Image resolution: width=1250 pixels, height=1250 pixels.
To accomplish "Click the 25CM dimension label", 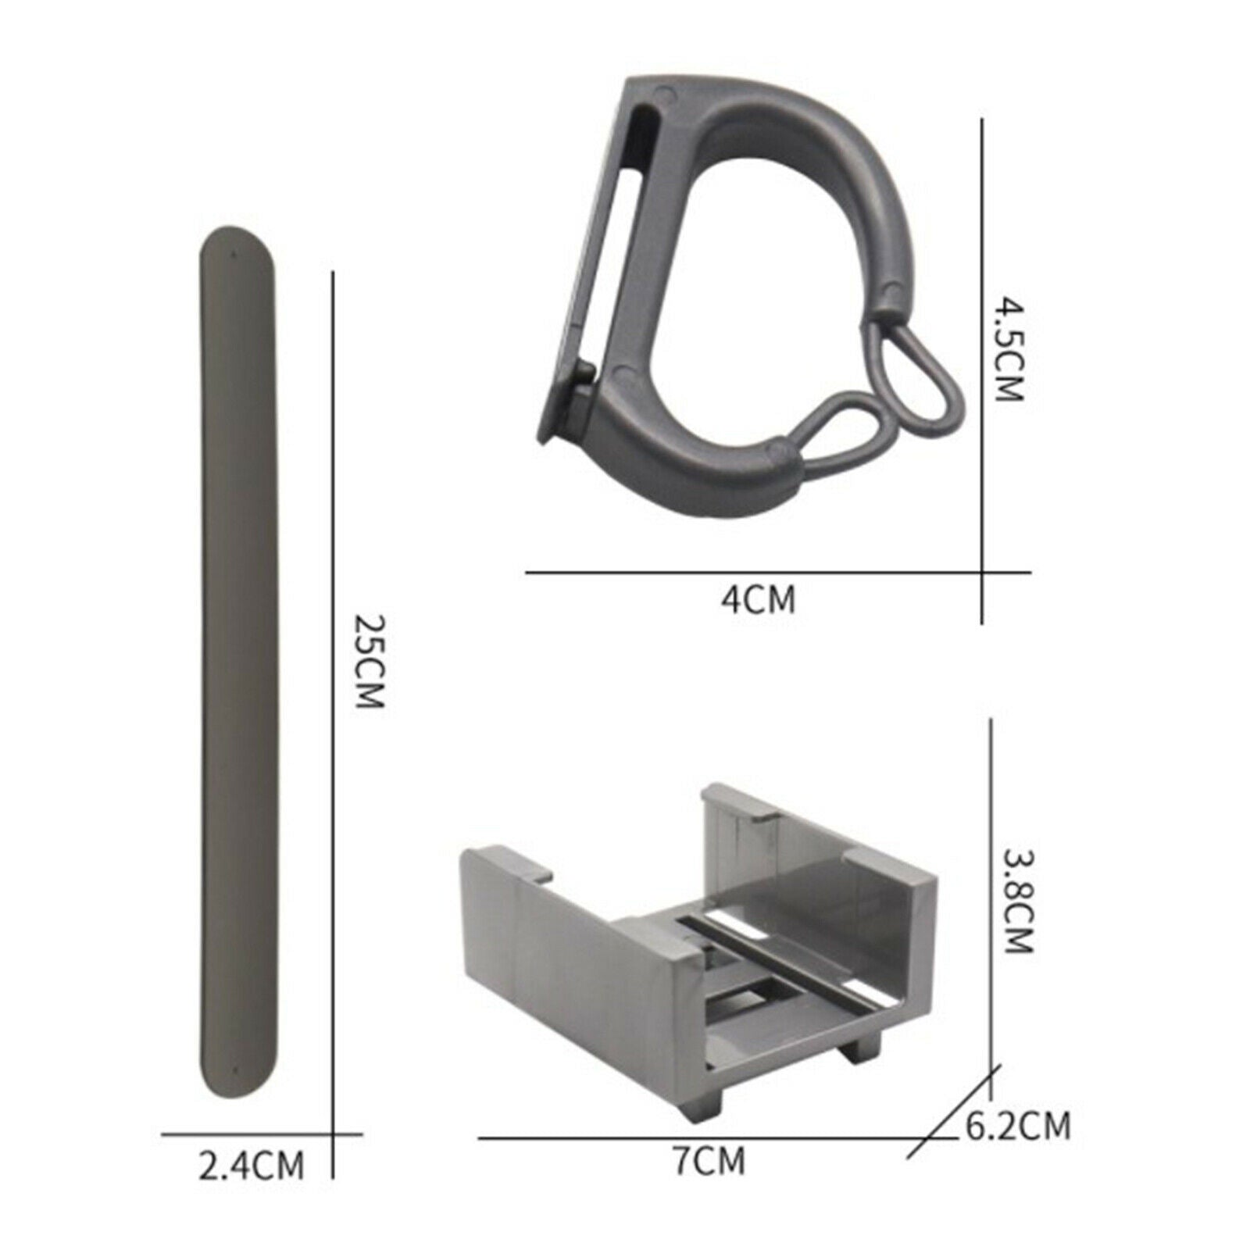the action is [370, 662].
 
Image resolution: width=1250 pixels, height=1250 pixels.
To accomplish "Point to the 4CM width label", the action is [759, 600].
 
